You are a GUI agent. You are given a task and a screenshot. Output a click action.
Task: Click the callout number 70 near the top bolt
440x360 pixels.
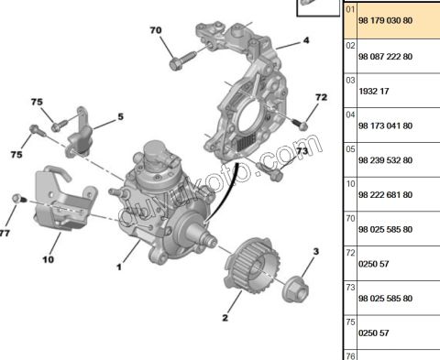[x=156, y=30]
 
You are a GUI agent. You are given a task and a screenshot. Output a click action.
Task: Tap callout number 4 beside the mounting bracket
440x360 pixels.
[x=306, y=40]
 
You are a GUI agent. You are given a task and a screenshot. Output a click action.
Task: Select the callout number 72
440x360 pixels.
[x=321, y=97]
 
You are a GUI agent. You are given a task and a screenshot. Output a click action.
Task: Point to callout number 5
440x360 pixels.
[x=121, y=116]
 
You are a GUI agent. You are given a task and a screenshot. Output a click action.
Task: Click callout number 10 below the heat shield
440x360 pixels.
[x=49, y=259]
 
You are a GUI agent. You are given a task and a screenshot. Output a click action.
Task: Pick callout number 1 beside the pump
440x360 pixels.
[x=119, y=267]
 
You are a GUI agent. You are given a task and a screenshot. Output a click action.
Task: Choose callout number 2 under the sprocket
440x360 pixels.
[x=225, y=318]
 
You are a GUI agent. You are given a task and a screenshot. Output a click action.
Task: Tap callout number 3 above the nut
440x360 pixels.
[x=316, y=252]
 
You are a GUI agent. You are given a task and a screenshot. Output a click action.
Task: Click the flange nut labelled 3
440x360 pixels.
[x=295, y=289]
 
